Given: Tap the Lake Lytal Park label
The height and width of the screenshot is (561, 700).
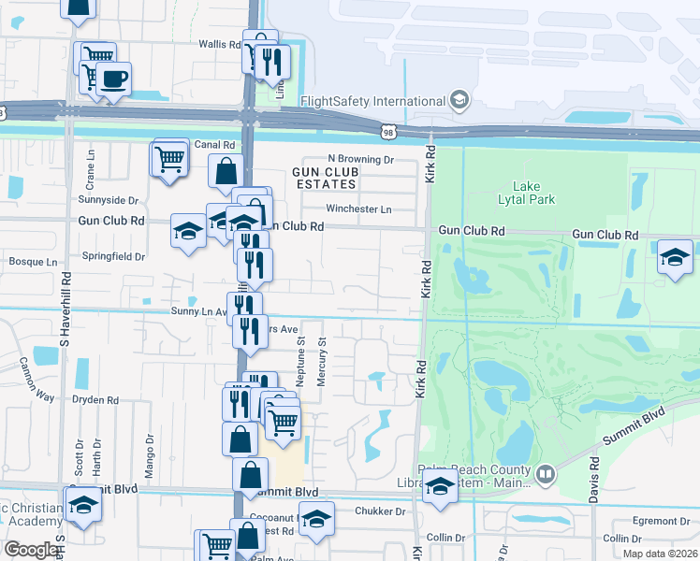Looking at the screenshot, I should click(x=533, y=193).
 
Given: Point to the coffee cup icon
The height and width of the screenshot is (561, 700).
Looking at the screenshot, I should click(x=114, y=79).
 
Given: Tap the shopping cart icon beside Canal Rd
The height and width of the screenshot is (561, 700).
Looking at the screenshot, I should click(x=168, y=159).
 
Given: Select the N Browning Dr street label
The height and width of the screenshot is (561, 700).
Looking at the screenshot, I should click(x=360, y=160).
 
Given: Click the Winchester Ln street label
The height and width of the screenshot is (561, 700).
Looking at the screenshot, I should click(x=358, y=209).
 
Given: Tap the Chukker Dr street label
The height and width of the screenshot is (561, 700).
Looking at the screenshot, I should click(x=380, y=511).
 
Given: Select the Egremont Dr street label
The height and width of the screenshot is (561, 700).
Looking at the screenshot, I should click(x=660, y=520).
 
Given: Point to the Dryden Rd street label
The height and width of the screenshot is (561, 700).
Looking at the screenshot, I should click(x=95, y=399).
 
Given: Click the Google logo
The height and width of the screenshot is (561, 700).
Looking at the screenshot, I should click(x=31, y=550).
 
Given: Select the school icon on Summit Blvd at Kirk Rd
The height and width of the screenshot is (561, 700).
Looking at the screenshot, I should click(x=439, y=485).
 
